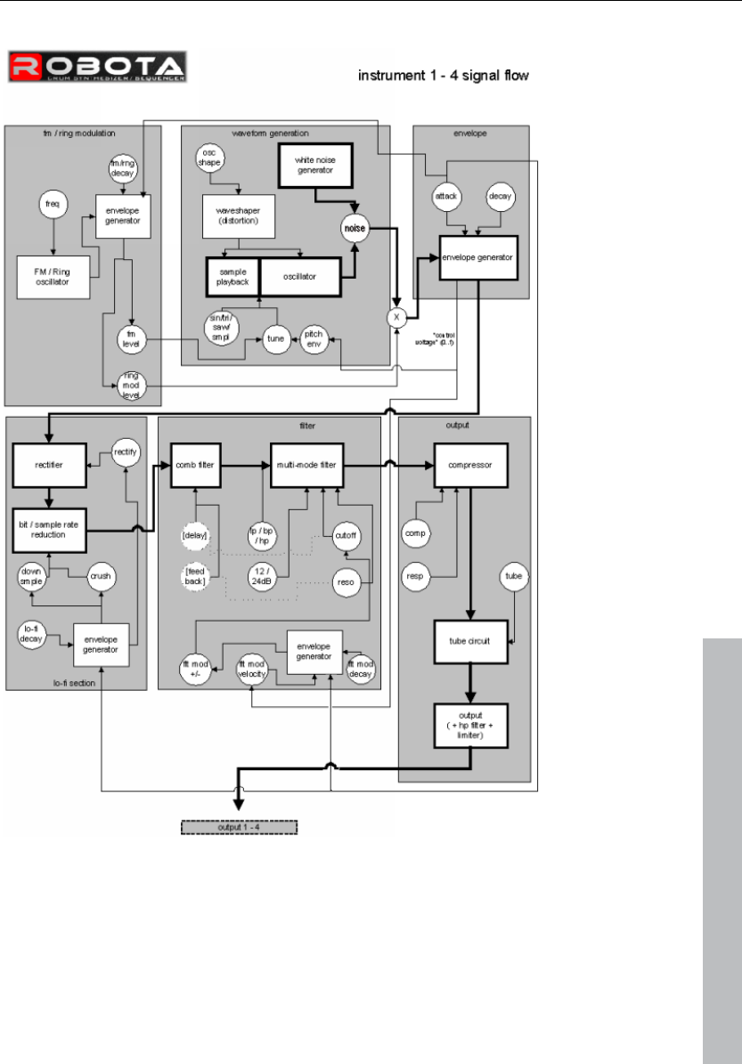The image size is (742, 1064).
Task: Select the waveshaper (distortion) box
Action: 239,216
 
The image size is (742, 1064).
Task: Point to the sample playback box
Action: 232,276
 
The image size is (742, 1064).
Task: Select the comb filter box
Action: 195,465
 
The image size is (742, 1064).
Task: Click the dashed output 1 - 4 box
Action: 237,827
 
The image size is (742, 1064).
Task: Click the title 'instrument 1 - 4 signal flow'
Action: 444,77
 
